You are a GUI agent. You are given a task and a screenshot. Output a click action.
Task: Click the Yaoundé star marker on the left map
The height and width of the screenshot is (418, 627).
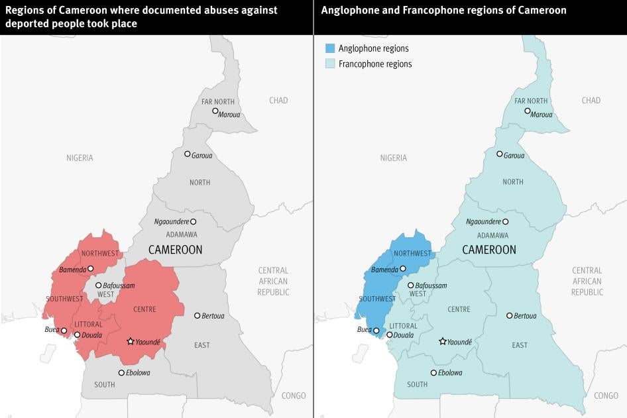pyautogui.click(x=131, y=341)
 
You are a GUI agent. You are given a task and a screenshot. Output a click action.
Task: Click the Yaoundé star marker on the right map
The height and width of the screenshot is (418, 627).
pyautogui.click(x=443, y=341)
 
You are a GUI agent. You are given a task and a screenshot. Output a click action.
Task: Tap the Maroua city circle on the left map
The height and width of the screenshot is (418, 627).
pyautogui.click(x=215, y=111)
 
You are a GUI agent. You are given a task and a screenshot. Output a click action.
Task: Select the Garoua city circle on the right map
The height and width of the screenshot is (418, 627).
pyautogui.click(x=500, y=154)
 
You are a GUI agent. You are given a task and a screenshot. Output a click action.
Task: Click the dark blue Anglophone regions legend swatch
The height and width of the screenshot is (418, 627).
pyautogui.click(x=329, y=48)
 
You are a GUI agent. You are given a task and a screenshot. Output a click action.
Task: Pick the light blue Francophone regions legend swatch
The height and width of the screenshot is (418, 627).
pyautogui.click(x=329, y=64)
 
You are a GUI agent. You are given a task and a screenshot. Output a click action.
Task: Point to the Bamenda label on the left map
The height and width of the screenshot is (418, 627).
pyautogui.click(x=72, y=270)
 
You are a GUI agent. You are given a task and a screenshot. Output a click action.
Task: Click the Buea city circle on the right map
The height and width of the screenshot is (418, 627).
pyautogui.click(x=376, y=330)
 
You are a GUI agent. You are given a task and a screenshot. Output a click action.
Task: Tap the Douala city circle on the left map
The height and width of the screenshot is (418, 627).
pyautogui.click(x=78, y=335)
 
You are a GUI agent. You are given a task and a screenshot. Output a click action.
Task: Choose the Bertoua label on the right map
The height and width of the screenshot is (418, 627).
pyautogui.click(x=525, y=316)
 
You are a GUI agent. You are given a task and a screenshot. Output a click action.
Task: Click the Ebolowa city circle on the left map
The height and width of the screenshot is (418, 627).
pyautogui.click(x=121, y=372)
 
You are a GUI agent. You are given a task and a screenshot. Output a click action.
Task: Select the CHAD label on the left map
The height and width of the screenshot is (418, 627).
pyautogui.click(x=278, y=101)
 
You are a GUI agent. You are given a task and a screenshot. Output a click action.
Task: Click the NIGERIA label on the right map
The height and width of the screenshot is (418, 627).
pyautogui.click(x=394, y=158)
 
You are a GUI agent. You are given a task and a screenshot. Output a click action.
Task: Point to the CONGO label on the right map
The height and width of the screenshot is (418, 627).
pyautogui.click(x=606, y=395)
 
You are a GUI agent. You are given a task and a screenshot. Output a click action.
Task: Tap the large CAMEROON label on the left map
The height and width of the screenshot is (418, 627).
pyautogui.click(x=175, y=250)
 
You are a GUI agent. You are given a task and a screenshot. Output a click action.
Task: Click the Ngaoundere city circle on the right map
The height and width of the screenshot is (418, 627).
pyautogui.click(x=506, y=221)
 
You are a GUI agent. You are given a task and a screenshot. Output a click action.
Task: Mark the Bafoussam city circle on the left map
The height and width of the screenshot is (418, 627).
pyautogui.click(x=98, y=286)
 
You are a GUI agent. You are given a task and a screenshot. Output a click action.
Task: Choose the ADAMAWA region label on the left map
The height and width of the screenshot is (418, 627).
pyautogui.click(x=182, y=235)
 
